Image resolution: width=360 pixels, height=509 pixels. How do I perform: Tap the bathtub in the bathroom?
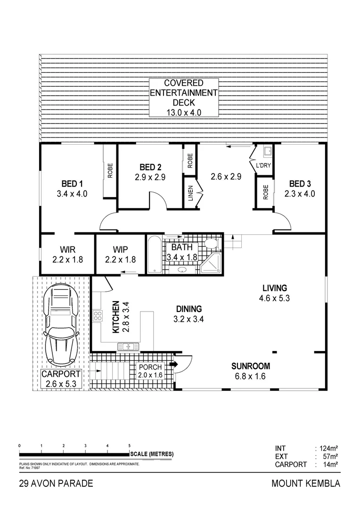(154, 254)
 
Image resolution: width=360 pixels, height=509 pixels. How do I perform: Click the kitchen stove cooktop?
(98, 315)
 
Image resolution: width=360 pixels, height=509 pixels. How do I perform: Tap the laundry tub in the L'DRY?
(267, 151)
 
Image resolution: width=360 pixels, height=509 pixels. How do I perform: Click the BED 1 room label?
(72, 183)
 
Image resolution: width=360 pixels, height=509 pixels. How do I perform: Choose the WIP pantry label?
(121, 249)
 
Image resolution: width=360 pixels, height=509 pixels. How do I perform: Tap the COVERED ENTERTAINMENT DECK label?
(183, 92)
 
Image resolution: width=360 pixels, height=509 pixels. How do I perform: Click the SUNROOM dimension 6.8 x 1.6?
(250, 377)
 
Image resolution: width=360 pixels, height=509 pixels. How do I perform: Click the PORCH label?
(150, 367)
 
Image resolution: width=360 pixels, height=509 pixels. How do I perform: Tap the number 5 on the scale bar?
(129, 445)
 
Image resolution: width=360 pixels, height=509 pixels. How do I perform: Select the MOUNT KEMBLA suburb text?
(305, 484)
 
